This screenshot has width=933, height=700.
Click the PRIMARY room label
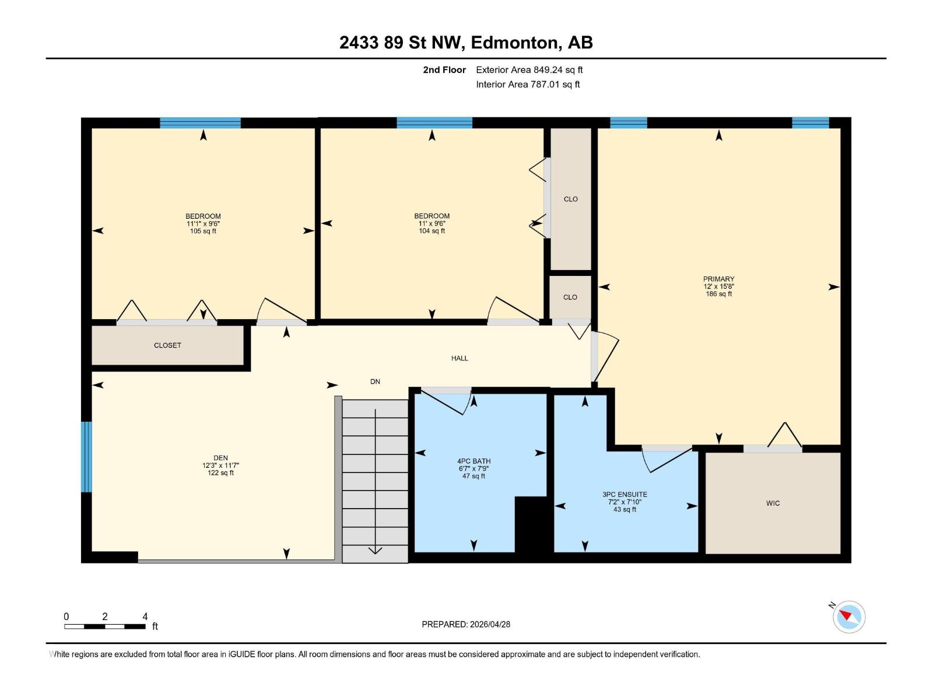pyautogui.click(x=718, y=279)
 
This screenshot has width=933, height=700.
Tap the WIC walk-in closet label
pyautogui.click(x=773, y=503)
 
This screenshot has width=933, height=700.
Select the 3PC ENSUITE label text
pyautogui.click(x=625, y=494)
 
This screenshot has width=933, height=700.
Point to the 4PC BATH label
pyautogui.click(x=473, y=461)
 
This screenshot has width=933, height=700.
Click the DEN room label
pyautogui.click(x=220, y=458)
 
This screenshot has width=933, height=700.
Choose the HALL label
pyautogui.click(x=460, y=358)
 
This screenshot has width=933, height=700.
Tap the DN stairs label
pyautogui.click(x=375, y=381)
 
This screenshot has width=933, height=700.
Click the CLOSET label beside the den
pyautogui.click(x=167, y=345)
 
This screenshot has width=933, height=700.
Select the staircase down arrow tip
pyautogui.click(x=375, y=552)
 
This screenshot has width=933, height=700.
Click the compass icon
pyautogui.click(x=849, y=617)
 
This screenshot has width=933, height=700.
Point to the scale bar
pyautogui.click(x=105, y=626)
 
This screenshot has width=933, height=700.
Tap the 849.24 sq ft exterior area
pyautogui.click(x=558, y=70)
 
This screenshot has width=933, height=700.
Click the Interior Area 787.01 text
pyautogui.click(x=528, y=84)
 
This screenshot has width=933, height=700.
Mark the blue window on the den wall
pyautogui.click(x=86, y=457)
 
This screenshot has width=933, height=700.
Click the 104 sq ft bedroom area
pyautogui.click(x=432, y=231)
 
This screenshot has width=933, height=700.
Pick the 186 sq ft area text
pyautogui.click(x=718, y=294)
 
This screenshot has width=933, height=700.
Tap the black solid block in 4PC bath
pyautogui.click(x=531, y=524)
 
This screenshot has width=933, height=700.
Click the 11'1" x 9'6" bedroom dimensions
pyautogui.click(x=203, y=223)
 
